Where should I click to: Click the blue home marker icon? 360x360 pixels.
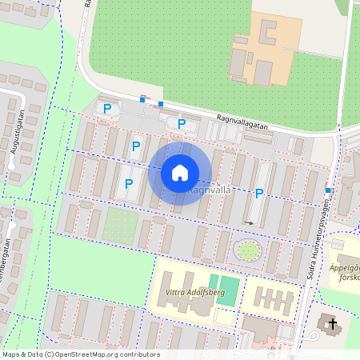click(180, 172)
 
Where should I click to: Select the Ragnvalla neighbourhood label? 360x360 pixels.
click(209, 191)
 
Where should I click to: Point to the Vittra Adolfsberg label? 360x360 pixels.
click(183, 293)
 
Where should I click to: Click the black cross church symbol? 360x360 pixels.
click(331, 322)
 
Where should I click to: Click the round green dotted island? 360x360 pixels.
click(249, 251)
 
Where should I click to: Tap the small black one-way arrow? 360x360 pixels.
click(249, 223)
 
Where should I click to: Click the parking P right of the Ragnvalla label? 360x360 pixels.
click(258, 193)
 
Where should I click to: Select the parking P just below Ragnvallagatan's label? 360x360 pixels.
click(182, 123)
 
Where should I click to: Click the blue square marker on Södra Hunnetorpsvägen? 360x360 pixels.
click(328, 190)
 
